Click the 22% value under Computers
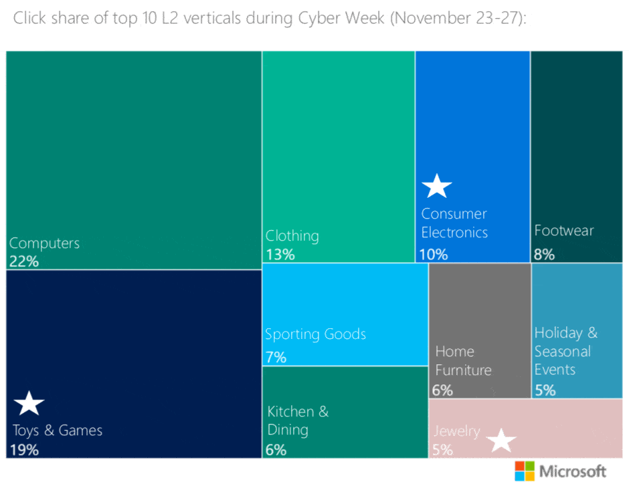(24, 261)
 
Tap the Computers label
(44, 243)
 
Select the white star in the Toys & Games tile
(29, 404)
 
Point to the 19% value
(24, 449)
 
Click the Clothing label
(292, 236)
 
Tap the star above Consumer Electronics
(437, 186)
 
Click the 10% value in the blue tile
(433, 254)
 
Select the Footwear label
(563, 231)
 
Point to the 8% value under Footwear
(544, 254)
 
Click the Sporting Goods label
(315, 334)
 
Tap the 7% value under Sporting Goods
(276, 357)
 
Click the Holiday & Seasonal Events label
(565, 351)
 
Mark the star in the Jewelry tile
(502, 441)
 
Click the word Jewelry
(456, 431)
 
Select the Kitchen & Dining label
(298, 420)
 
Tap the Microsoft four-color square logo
(524, 471)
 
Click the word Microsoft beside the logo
(572, 471)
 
